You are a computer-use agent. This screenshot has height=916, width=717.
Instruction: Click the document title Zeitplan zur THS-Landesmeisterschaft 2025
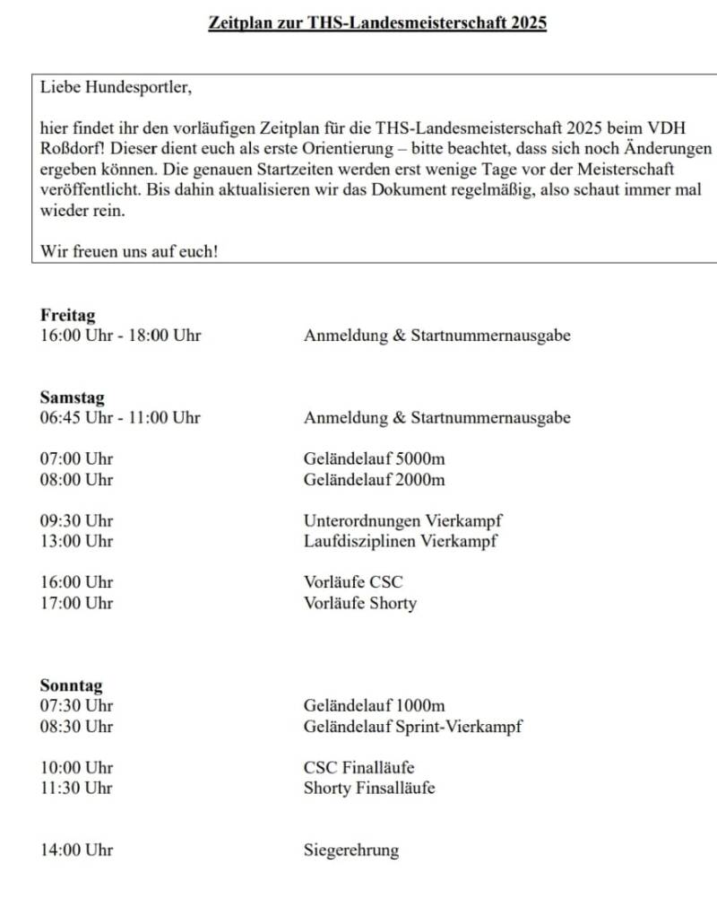click(x=377, y=22)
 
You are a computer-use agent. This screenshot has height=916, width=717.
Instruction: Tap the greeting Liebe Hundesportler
click(x=116, y=88)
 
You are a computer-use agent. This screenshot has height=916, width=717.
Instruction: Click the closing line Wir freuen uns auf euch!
click(x=128, y=251)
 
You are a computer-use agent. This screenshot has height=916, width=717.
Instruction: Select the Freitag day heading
click(x=67, y=315)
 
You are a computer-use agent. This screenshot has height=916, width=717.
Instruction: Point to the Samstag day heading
click(x=72, y=397)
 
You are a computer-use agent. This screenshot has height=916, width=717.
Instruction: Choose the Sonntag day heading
click(x=71, y=685)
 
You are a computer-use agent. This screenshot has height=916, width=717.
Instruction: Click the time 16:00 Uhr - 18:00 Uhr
click(x=120, y=336)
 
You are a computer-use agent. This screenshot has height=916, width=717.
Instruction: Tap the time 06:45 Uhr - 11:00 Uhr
click(x=120, y=417)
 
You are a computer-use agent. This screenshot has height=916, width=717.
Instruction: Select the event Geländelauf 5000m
click(x=374, y=459)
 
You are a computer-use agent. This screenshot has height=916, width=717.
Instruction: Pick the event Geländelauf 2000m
click(x=374, y=479)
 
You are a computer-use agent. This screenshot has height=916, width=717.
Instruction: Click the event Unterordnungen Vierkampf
click(x=402, y=520)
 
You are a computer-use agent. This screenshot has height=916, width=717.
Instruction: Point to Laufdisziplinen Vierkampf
click(x=400, y=540)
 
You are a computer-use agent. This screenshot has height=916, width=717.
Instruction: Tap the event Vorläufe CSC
click(x=353, y=581)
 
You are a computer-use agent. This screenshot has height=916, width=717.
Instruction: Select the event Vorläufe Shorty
click(x=360, y=603)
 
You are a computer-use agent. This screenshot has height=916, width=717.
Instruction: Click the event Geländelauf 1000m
click(x=374, y=706)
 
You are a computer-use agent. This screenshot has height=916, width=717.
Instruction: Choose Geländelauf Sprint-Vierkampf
click(x=412, y=726)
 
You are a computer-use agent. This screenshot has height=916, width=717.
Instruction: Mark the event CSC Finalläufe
click(x=358, y=767)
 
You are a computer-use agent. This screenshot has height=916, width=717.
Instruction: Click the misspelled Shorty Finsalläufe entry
click(x=369, y=788)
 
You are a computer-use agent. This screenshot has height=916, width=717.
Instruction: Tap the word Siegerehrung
click(x=351, y=851)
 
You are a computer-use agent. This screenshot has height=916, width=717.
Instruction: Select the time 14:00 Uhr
click(x=76, y=851)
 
